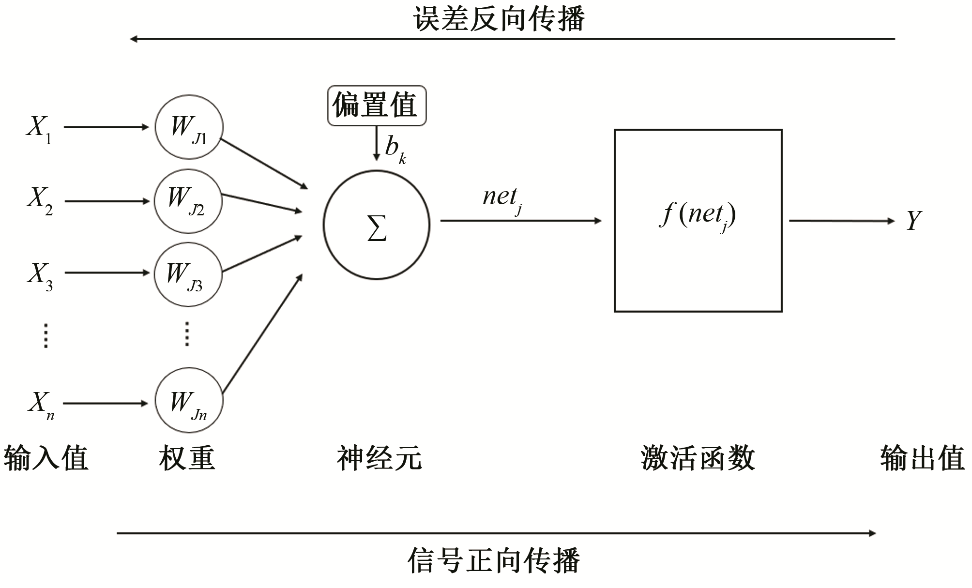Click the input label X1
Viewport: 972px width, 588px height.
coord(39,129)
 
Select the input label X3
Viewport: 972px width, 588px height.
coord(40,275)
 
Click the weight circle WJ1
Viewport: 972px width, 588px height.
coord(189,127)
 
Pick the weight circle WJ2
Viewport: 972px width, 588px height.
coord(188,201)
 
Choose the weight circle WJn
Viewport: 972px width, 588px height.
coord(189,401)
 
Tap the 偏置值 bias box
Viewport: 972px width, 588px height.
coord(377,106)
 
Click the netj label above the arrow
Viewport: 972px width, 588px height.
coord(501,198)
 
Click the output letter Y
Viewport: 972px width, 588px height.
coord(913,221)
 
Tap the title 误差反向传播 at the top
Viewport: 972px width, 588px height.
coord(499,19)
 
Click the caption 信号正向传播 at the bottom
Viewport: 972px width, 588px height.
coord(494,560)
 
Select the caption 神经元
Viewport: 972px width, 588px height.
coord(379,458)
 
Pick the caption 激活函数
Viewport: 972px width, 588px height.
coord(698,458)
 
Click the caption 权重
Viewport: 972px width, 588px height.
coord(187,458)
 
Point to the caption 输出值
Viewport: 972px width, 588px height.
coord(922,458)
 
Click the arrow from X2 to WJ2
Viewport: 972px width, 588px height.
coord(106,201)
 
